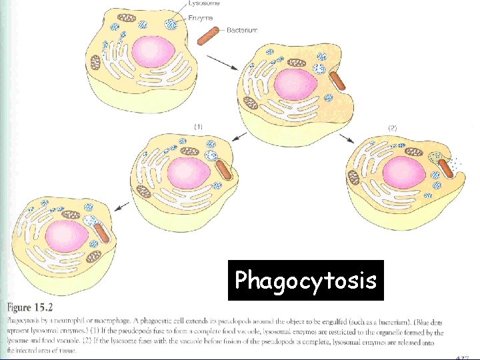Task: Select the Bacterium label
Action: [241, 30]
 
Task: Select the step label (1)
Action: [199, 125]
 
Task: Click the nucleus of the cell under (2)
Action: [403, 172]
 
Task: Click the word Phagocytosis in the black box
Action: [305, 280]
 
